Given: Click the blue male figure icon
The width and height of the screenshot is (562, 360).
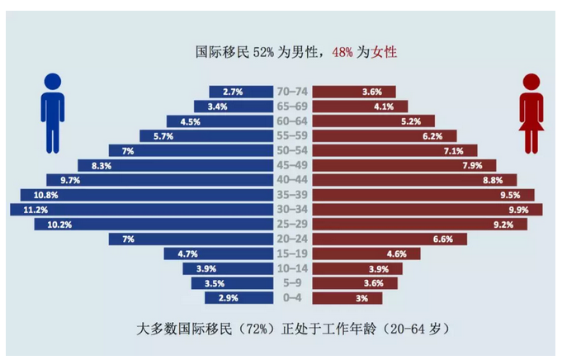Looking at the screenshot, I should point(52,115).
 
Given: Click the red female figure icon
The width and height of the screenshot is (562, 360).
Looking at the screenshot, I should point(531,115).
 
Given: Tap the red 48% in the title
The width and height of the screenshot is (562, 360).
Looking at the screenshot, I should point(342,52).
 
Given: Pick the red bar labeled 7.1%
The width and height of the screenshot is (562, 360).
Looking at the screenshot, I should point(397,150).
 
